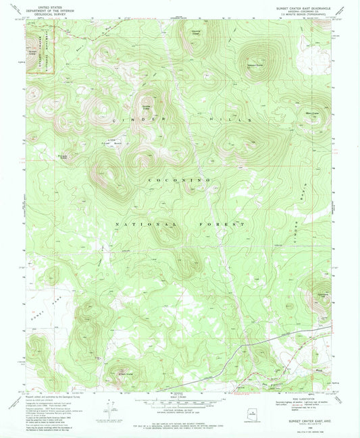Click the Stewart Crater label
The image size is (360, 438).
click(x=255, y=65)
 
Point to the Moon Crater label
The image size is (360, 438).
click(x=312, y=113)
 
